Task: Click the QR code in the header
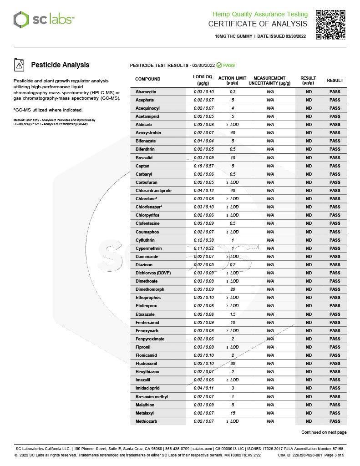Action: point(330,24)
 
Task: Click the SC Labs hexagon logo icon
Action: point(21,20)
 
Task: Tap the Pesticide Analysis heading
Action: point(60,65)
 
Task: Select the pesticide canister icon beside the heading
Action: point(20,65)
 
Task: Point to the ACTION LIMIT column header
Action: point(232,81)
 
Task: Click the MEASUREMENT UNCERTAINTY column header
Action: point(269,81)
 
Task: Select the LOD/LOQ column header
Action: point(203,81)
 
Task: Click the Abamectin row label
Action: point(146,92)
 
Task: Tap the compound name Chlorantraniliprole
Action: point(153,191)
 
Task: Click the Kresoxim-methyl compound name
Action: point(152,397)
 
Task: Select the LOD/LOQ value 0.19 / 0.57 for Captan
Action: point(203,166)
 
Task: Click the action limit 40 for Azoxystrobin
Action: point(233,133)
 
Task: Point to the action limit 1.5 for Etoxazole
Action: point(233,314)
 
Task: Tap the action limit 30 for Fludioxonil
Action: point(233,364)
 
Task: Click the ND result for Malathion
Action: point(309,405)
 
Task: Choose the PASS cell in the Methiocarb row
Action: point(335,421)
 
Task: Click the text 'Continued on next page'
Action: point(324,432)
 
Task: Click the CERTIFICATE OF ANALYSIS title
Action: point(258,24)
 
